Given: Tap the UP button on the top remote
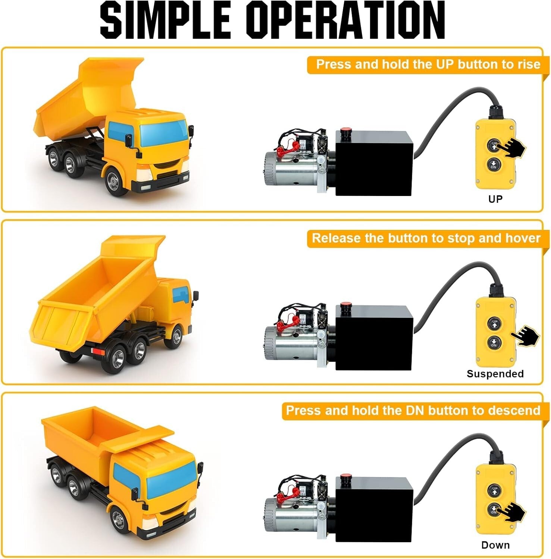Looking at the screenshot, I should point(494,145).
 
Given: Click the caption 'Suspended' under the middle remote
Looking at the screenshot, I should point(495,374).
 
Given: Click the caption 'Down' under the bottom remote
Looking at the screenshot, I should point(495,545).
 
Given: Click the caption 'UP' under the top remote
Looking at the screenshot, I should point(495,199).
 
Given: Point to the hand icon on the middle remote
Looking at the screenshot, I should point(526,335).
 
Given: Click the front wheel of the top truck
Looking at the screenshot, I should point(113,181).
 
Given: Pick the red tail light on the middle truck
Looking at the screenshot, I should point(98,351).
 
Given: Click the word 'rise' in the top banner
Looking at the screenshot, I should point(529,64).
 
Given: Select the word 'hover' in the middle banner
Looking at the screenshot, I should point(522,238).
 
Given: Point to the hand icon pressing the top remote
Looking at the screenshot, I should point(513,148).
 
